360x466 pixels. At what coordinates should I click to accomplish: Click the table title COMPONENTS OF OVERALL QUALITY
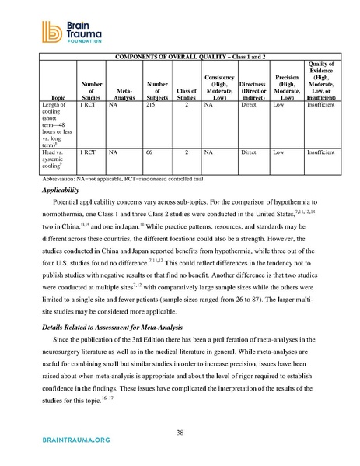191,58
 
